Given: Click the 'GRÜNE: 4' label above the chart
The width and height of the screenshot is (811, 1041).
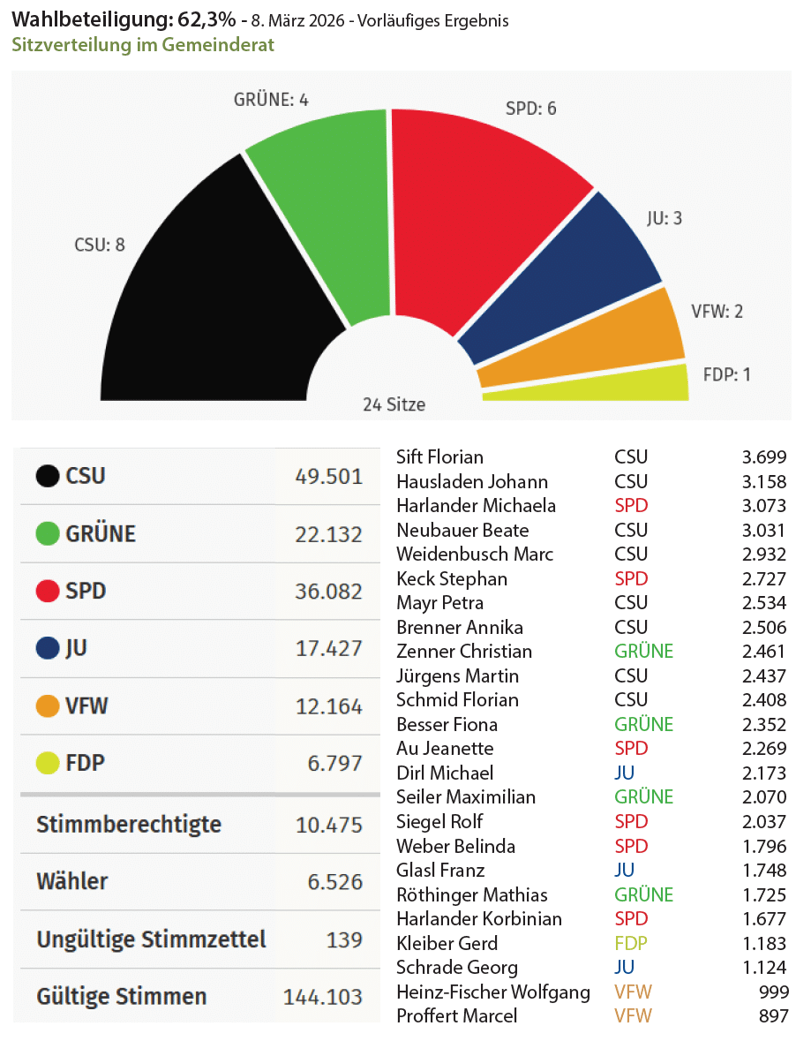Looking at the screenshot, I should pyautogui.click(x=271, y=100).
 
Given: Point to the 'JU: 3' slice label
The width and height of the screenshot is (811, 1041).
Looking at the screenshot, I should pyautogui.click(x=665, y=218).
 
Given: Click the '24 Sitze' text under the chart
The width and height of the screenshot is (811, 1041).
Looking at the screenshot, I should pyautogui.click(x=394, y=405).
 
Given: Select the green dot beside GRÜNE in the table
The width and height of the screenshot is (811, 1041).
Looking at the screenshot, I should pyautogui.click(x=47, y=534).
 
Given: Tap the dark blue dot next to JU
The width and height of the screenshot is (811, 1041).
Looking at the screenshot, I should pyautogui.click(x=47, y=649).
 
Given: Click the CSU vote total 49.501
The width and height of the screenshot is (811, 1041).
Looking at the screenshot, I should pyautogui.click(x=328, y=477).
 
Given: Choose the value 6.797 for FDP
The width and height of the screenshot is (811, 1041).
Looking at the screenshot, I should pyautogui.click(x=334, y=763).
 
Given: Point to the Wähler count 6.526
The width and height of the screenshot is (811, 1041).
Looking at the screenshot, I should pyautogui.click(x=334, y=881).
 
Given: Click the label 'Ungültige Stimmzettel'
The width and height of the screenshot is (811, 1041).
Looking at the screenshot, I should pyautogui.click(x=151, y=939).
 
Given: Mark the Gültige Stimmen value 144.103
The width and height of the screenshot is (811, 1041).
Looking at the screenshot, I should pyautogui.click(x=322, y=997).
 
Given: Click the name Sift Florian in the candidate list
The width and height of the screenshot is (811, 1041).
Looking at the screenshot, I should pyautogui.click(x=439, y=457).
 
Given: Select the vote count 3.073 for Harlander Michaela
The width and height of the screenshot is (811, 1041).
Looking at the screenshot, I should pyautogui.click(x=763, y=506).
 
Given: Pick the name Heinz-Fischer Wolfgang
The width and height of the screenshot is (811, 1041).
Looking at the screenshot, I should pyautogui.click(x=493, y=992).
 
